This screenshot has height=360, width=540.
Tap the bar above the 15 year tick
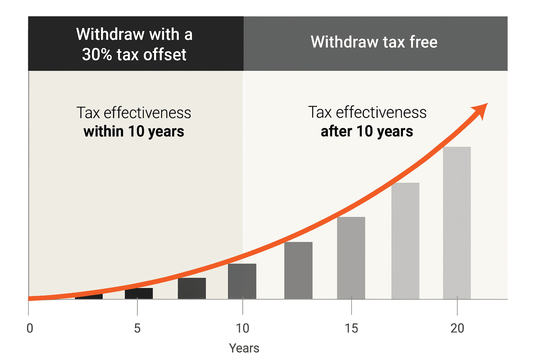[x=351, y=258]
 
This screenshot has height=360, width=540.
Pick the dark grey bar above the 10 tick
[x=242, y=281]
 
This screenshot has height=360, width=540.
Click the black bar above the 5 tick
[x=139, y=293]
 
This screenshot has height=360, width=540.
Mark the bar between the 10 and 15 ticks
[x=298, y=270]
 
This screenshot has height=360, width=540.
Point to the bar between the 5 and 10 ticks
[x=192, y=288]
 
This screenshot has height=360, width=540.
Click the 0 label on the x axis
[x=30, y=328]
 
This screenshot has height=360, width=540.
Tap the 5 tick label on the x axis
[x=137, y=328]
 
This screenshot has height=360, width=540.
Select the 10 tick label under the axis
[x=242, y=328]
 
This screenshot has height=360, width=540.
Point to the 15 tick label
[x=351, y=328]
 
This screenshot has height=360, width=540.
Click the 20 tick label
[x=457, y=328]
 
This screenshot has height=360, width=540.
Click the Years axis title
[x=244, y=348]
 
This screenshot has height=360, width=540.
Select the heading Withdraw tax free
[x=374, y=42]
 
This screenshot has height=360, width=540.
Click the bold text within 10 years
[x=134, y=131]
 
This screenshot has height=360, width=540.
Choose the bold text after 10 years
[x=367, y=131]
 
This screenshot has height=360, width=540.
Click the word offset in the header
[x=165, y=54]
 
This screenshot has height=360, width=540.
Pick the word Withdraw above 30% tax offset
[x=110, y=34]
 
